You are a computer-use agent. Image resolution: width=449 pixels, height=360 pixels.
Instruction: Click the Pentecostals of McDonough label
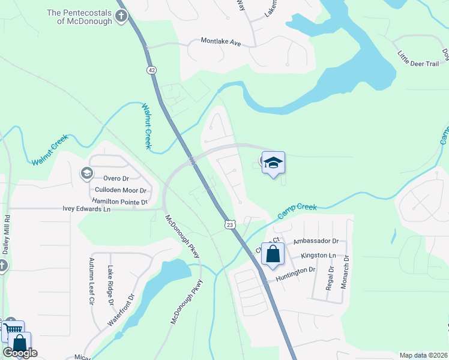[79, 17]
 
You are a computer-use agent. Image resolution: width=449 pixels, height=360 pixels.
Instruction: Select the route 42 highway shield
[150, 70]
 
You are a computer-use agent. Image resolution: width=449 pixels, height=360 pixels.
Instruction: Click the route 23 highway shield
[230, 224]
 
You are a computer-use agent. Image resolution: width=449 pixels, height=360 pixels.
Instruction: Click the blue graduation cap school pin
[273, 163]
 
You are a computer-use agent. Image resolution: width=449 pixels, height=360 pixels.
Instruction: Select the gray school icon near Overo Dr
[87, 173]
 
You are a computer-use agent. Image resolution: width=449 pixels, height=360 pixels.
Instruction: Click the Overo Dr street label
[116, 179]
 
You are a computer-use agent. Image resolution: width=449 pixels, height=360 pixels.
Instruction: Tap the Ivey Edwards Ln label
[87, 209]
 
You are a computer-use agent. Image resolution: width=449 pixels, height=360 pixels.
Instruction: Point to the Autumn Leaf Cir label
[92, 281]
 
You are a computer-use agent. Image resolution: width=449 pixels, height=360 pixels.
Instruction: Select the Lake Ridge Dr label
[110, 285]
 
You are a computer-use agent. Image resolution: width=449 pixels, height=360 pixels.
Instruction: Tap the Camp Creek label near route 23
[298, 211]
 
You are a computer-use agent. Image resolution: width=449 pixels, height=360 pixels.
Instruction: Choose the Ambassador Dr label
[316, 241]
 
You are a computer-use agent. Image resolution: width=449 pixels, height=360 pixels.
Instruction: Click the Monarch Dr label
[345, 272]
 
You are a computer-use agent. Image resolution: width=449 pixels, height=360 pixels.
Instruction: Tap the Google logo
[20, 353]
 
